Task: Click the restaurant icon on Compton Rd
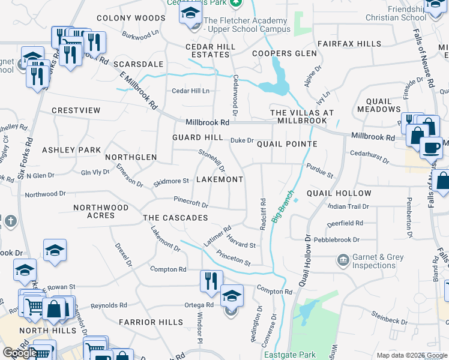coord(211,281)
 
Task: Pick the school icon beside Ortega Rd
coord(232,296)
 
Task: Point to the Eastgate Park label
coord(290,355)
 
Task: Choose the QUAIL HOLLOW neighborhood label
coord(339,193)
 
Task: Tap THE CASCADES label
coord(175,218)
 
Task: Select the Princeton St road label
coord(234,258)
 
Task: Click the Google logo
coord(19,353)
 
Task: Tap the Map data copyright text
coord(411,355)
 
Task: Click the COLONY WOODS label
coord(130,19)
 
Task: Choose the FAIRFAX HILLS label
coord(349,44)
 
